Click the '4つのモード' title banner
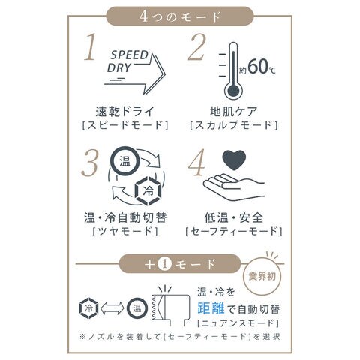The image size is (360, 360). [180, 16]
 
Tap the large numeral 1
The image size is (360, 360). [91, 47]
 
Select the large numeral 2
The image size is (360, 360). [197, 47]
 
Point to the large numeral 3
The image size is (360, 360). [89, 163]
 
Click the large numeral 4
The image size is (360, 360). [196, 163]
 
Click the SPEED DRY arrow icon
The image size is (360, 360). [136, 73]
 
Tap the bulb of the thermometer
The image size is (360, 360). [234, 91]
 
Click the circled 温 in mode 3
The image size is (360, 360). [124, 161]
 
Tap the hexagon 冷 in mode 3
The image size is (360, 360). [148, 191]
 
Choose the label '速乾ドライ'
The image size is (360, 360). [125, 112]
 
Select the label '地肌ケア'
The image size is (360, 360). [233, 112]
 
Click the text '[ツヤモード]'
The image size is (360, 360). [125, 231]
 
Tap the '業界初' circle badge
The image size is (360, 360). [262, 277]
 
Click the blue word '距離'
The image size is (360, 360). [211, 308]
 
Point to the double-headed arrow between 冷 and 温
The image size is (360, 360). [112, 308]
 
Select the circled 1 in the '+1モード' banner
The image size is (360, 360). [164, 265]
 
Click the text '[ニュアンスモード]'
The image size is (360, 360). [238, 323]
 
